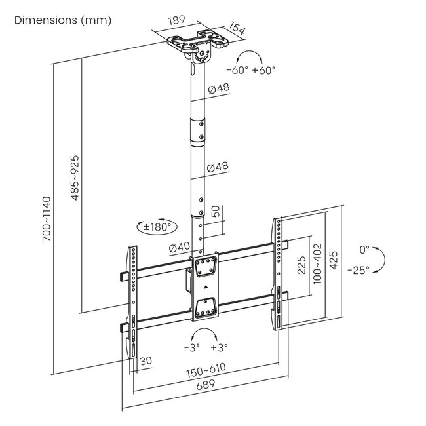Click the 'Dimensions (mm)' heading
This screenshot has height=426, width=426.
tap(63, 20)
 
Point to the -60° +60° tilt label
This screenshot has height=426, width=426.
tap(251, 70)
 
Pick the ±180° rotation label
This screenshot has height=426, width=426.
tap(157, 227)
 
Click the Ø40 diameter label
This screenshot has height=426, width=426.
tap(179, 248)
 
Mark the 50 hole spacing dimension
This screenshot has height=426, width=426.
tap(215, 212)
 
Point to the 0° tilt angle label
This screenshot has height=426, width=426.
tap(364, 250)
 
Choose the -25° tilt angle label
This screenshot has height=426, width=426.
tap(359, 269)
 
